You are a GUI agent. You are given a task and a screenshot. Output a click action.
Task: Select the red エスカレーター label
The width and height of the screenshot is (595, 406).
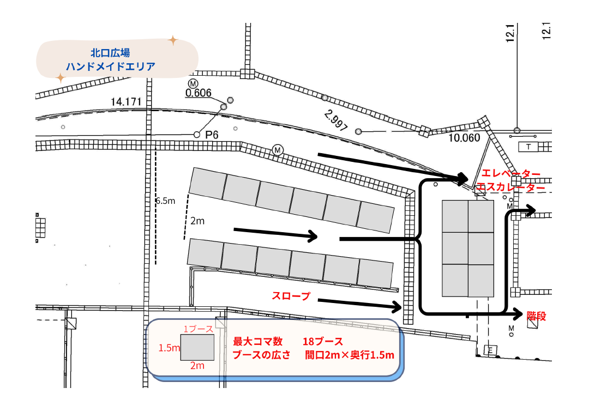510,187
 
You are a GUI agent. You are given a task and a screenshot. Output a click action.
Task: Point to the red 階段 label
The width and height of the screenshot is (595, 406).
537,316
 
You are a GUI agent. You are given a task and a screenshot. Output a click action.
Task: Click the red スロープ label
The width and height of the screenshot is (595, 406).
291,296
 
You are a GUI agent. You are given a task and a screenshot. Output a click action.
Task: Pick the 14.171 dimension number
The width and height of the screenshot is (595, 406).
126,102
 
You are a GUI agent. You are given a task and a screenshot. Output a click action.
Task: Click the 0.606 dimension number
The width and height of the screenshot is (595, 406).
199,93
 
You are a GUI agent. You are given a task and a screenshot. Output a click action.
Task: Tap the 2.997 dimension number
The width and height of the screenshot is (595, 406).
335,120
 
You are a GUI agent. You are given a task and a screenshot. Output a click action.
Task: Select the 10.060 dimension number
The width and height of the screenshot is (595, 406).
464,138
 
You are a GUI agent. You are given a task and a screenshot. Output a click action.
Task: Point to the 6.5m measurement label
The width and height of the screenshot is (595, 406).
165,201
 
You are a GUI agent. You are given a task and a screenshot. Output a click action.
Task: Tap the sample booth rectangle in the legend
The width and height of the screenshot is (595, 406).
197,347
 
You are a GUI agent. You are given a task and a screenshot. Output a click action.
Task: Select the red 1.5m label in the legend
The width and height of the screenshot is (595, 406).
169,348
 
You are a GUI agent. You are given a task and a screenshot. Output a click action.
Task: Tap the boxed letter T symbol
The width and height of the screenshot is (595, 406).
528,147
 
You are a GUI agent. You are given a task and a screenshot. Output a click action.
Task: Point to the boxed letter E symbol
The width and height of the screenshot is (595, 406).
489,349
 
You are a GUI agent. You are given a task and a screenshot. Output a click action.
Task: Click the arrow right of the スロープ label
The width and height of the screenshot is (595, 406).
360,303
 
